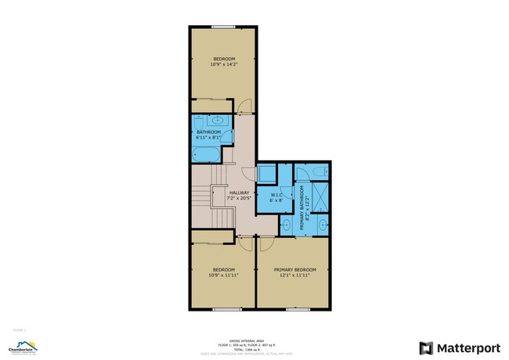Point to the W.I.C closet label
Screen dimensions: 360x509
pyautogui.click(x=276, y=196)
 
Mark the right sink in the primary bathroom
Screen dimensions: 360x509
pyautogui.click(x=323, y=226)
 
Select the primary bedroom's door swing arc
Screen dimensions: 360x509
pyautogui.click(x=266, y=243)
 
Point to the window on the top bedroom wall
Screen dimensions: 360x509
pyautogui.click(x=222, y=26)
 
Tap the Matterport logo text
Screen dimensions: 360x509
pyautogui.click(x=462, y=346)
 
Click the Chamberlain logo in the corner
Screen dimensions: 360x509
pyautogui.click(x=23, y=346)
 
